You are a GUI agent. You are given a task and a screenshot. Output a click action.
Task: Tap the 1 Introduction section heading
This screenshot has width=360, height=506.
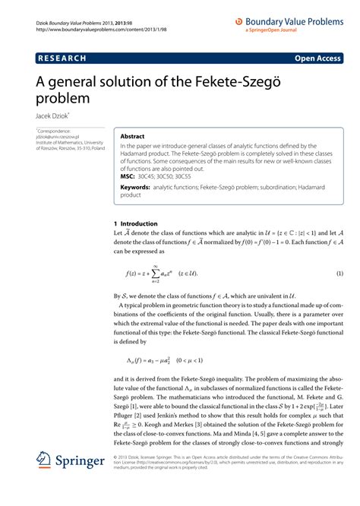coord(135,224)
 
